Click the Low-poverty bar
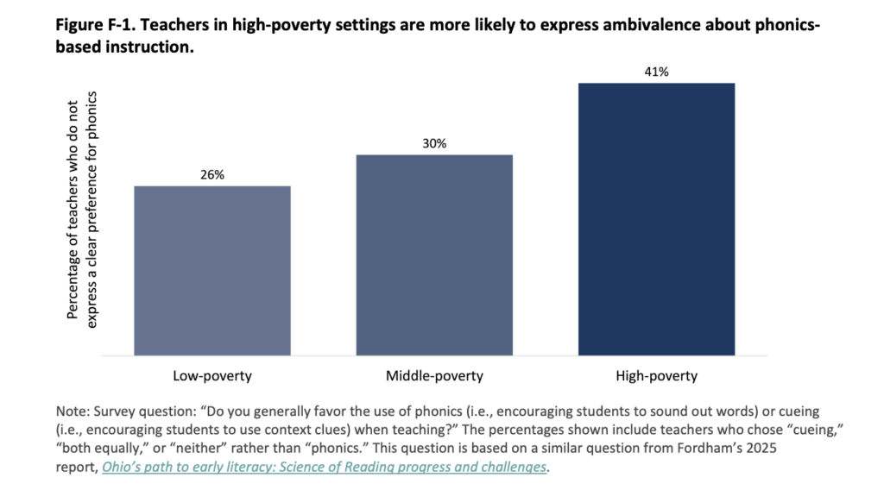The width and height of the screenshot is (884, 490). pos(212,270)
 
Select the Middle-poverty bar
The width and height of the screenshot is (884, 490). pos(434,255)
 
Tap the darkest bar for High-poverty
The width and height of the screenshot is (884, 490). pos(656,219)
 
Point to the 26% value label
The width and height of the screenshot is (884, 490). pos(212,174)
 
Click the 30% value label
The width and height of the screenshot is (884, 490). pos(434,143)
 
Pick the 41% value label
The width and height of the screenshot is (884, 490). pos(656,72)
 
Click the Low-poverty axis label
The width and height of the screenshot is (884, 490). pos(212,375)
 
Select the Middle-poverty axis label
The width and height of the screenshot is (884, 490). pos(434,375)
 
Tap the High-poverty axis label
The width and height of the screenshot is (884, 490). pos(656,375)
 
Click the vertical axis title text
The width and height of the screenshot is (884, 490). pos(82,210)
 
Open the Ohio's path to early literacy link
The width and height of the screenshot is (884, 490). pos(324,467)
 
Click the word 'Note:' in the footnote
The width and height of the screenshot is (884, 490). pos(73,411)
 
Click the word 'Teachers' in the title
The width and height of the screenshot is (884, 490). pos(165,25)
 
